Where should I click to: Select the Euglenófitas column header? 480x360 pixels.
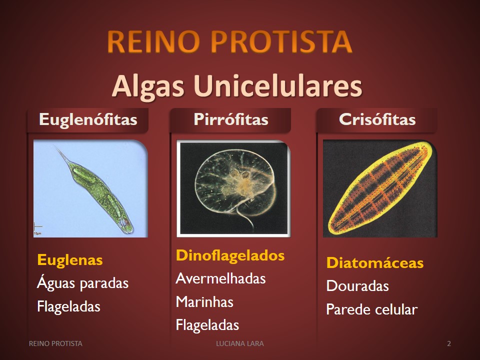(88, 119)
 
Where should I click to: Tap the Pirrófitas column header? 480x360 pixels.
(231, 119)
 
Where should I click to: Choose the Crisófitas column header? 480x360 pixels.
(377, 119)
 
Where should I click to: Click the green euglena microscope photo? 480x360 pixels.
(90, 188)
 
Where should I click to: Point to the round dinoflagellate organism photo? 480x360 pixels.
(233, 188)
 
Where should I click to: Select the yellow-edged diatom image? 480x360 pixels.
(380, 188)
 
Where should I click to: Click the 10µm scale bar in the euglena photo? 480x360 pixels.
(37, 228)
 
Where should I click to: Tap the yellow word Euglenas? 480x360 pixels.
(70, 260)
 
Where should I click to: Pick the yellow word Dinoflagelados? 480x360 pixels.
(230, 255)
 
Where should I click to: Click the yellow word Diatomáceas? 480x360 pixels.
(375, 263)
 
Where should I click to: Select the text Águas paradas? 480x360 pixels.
(82, 283)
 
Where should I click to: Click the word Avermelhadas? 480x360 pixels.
(220, 278)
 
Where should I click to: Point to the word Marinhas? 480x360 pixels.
(204, 302)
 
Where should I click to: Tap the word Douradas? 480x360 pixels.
(357, 286)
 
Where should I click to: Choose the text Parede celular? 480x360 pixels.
(372, 309)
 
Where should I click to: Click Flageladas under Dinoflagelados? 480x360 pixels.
(207, 325)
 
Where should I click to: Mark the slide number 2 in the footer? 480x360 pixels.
(449, 343)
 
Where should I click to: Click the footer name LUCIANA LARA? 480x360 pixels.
(240, 343)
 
